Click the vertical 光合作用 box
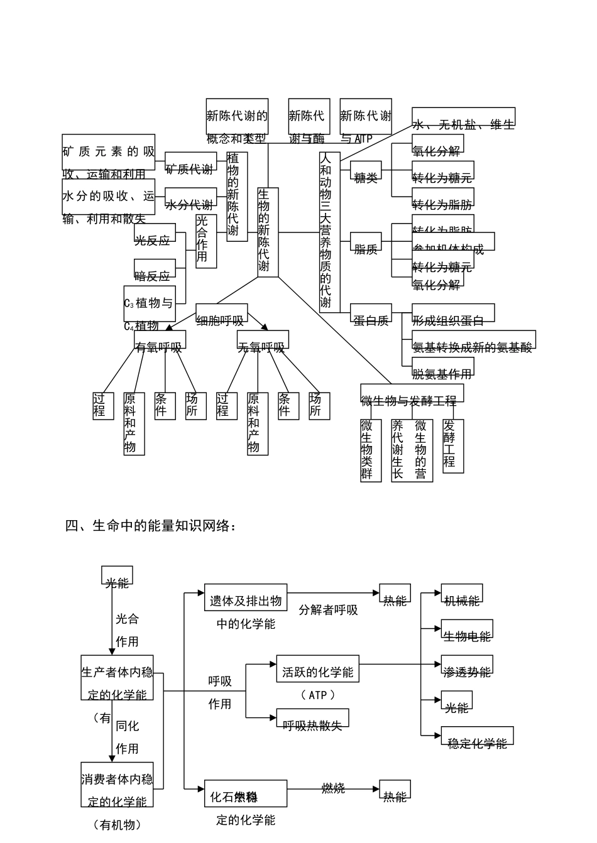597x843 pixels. [206, 241]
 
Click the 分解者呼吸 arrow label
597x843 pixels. [328, 610]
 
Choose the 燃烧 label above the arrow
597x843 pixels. [333, 788]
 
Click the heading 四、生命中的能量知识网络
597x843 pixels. [151, 526]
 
